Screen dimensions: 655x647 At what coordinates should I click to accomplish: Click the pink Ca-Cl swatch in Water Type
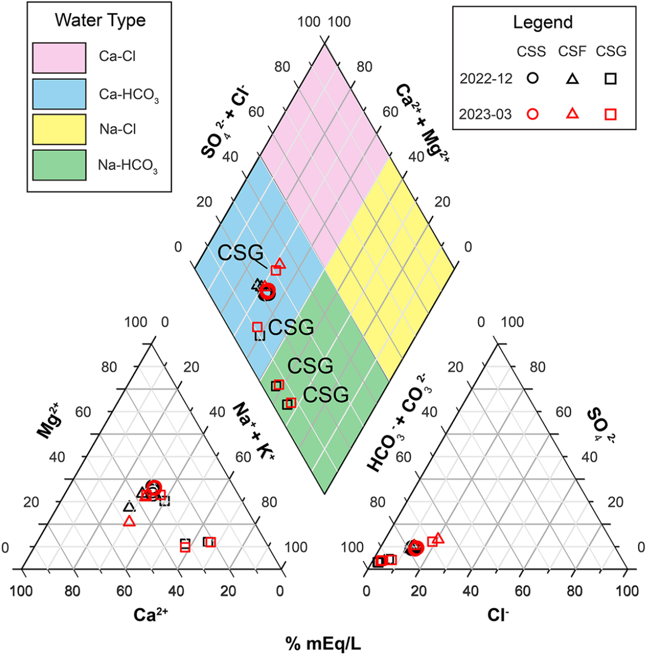tap(59, 57)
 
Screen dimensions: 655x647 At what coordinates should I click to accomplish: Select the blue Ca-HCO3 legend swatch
tap(59, 93)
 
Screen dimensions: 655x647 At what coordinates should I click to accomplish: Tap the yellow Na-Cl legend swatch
tap(59, 130)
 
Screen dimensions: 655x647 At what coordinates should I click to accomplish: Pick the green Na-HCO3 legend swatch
tap(59, 165)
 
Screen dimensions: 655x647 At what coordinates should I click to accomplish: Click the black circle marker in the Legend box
tap(532, 79)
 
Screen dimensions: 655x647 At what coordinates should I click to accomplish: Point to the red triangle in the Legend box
tap(572, 113)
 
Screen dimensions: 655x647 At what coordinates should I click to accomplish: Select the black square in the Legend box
tap(610, 79)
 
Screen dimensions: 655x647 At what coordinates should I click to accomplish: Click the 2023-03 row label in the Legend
tap(486, 114)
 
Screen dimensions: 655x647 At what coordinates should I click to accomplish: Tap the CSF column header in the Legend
tap(572, 52)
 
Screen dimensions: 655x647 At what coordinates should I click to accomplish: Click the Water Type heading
tap(100, 20)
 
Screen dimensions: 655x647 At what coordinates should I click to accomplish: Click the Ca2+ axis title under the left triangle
tap(150, 614)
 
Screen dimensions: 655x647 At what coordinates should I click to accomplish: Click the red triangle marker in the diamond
tap(280, 263)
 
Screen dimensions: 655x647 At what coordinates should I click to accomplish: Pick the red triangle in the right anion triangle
tap(438, 538)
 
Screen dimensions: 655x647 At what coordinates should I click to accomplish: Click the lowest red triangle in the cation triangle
tap(129, 521)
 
